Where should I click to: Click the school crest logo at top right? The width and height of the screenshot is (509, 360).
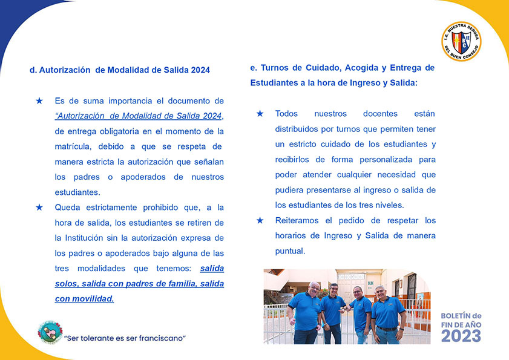pos(461,42)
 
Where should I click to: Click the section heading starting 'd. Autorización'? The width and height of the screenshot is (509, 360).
pos(120,70)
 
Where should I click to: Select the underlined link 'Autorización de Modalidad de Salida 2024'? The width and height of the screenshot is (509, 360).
pos(139,116)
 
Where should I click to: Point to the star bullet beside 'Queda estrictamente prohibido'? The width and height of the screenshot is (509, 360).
pos(39,207)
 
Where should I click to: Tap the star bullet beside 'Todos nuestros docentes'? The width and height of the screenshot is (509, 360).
pos(260,114)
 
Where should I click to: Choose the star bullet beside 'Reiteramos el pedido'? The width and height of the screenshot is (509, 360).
pos(260,220)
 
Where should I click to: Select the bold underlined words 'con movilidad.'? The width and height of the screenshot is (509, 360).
pos(84,298)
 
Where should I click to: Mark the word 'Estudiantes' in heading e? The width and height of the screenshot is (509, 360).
pos(274,83)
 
